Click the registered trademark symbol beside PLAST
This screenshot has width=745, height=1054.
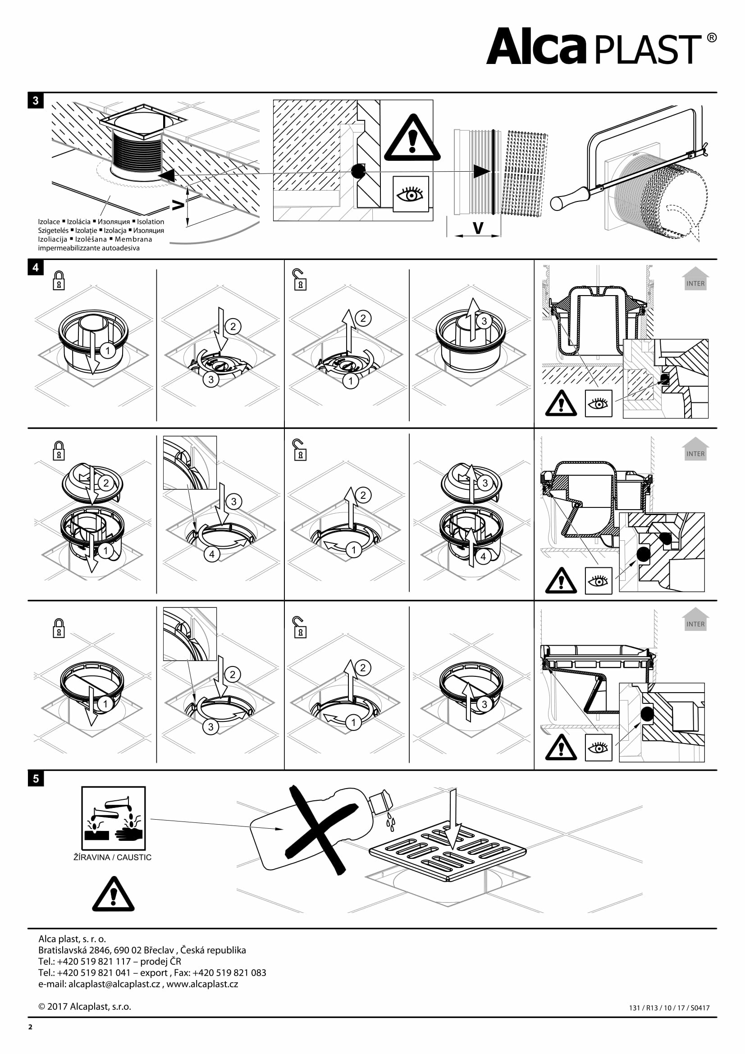pos(712,38)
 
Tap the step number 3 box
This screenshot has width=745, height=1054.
pos(36,100)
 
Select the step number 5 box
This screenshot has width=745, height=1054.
pos(36,779)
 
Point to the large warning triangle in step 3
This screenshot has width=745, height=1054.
pos(412,138)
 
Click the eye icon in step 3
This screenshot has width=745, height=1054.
pos(411,194)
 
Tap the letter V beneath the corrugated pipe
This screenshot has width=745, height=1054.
pos(478,228)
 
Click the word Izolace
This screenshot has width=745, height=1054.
pos(49,222)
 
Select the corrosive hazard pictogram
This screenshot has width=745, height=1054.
pos(114,818)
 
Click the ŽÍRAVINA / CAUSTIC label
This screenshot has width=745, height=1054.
pos(113,857)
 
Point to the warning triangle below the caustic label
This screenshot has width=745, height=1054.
pos(114,895)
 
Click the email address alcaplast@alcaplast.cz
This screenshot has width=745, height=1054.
pos(114,984)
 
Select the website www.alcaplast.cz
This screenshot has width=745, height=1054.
pos(202,984)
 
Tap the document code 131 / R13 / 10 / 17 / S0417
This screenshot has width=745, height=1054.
pos(669,1008)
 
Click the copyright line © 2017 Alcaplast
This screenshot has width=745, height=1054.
pos(85,1007)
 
